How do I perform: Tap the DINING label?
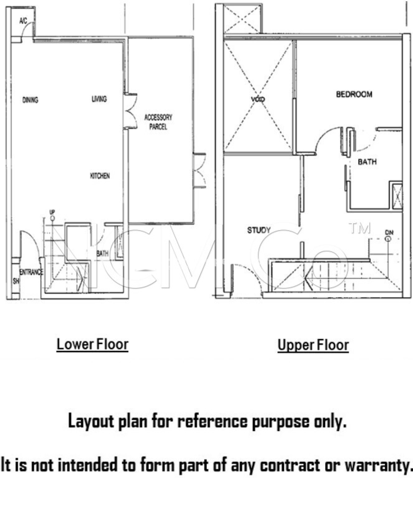click(x=30, y=100)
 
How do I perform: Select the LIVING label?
click(x=99, y=99)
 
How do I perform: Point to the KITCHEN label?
click(x=100, y=176)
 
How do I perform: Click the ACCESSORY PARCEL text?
click(x=158, y=122)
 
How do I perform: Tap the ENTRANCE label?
click(x=31, y=272)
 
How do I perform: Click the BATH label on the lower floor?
click(x=103, y=254)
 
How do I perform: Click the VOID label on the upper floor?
click(x=258, y=99)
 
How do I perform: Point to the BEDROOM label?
click(x=354, y=94)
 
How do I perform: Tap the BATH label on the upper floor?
click(x=367, y=162)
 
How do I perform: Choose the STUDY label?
click(x=259, y=230)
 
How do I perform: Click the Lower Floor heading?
click(x=92, y=344)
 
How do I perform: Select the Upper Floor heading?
click(x=313, y=345)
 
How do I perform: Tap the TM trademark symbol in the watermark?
click(x=360, y=228)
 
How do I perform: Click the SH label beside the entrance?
click(x=16, y=281)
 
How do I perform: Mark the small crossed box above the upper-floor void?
click(x=242, y=19)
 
